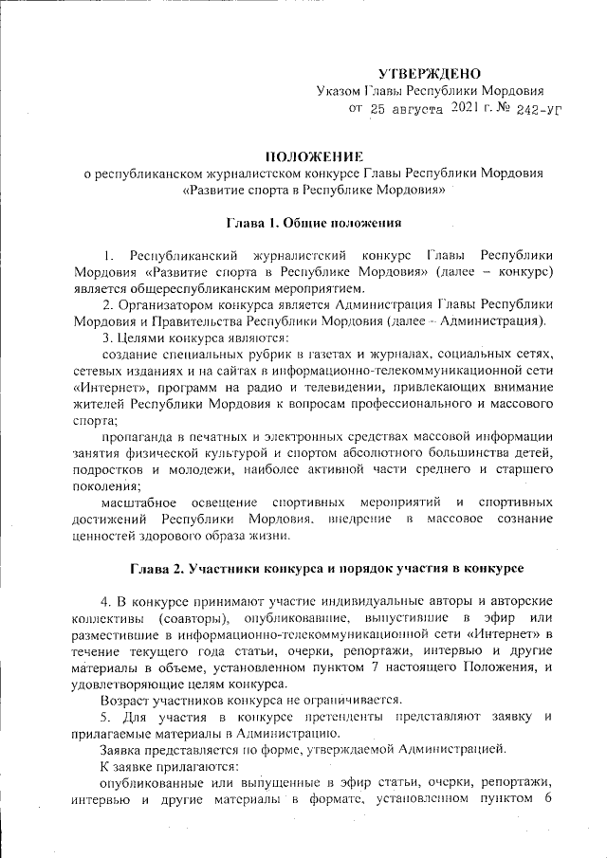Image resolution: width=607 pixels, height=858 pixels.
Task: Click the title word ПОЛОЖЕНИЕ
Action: [313, 155]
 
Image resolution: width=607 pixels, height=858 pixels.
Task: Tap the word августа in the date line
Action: [415, 110]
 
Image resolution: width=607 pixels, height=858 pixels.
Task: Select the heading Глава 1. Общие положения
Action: [313, 223]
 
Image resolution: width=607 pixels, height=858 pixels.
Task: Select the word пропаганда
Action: [141, 436]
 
